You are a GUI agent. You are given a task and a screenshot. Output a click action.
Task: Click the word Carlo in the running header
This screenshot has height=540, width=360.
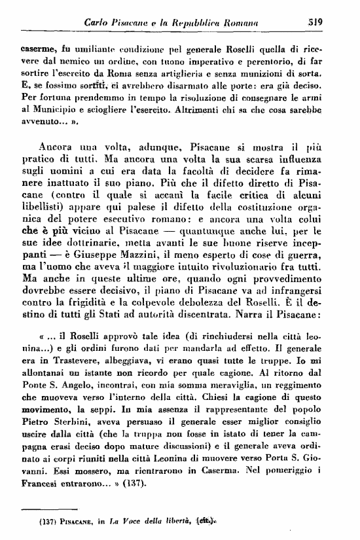(x=100, y=22)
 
